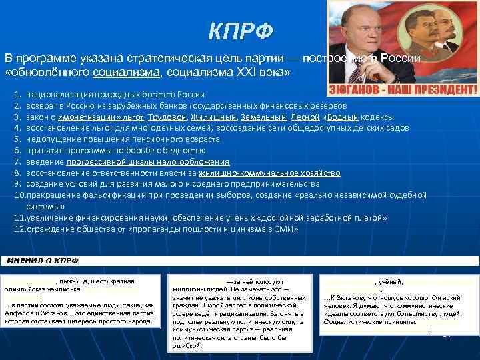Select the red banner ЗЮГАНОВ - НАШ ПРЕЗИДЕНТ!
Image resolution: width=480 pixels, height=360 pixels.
(x=401, y=89)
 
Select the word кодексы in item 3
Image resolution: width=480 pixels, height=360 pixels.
(x=377, y=117)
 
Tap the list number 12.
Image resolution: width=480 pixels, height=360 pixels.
(x=19, y=229)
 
